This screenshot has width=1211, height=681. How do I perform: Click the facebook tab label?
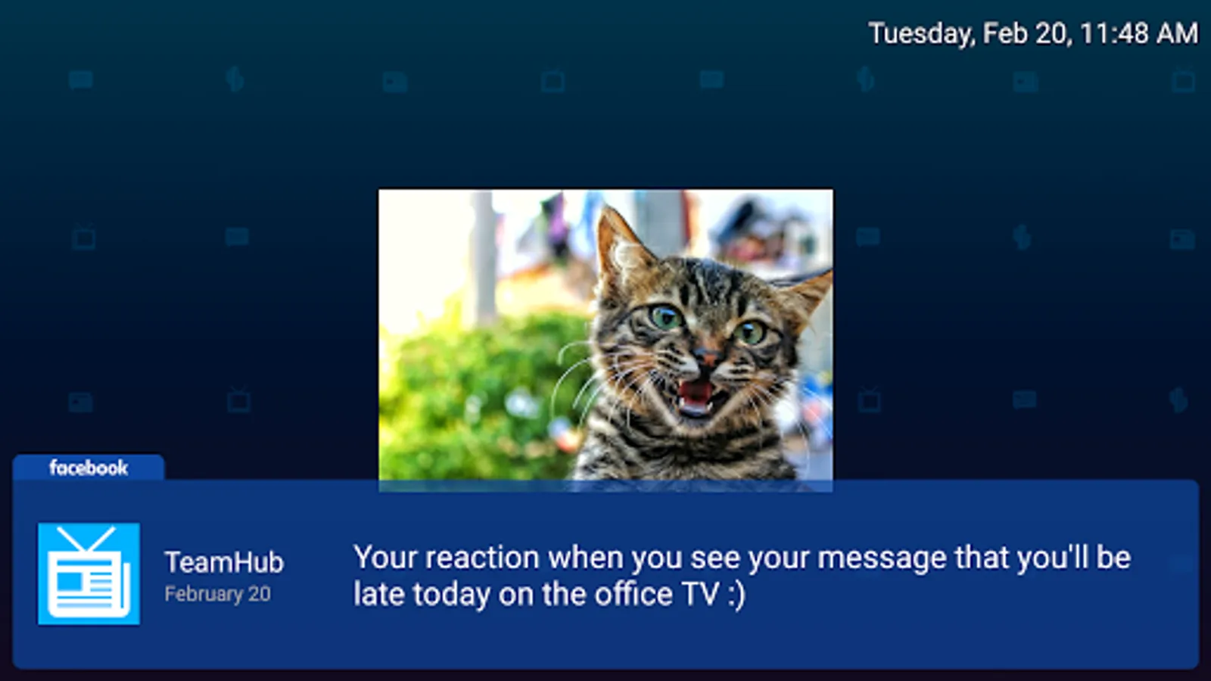click(x=89, y=468)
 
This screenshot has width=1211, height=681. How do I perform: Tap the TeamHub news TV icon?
click(x=89, y=574)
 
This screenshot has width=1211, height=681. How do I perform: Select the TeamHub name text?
click(x=224, y=562)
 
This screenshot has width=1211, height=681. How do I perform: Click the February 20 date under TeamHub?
click(x=217, y=594)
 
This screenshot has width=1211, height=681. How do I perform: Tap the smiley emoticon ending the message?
click(x=736, y=595)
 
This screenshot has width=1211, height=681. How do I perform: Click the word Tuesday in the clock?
click(x=922, y=33)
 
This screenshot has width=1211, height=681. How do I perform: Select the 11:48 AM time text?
click(x=1139, y=33)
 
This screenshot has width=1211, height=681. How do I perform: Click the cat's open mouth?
click(x=696, y=397)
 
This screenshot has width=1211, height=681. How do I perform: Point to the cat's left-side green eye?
click(x=665, y=317)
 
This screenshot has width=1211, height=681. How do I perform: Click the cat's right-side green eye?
click(x=750, y=332)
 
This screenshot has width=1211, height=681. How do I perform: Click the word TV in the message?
click(x=700, y=594)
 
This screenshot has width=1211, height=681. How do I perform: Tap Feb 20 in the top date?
click(x=1026, y=34)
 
